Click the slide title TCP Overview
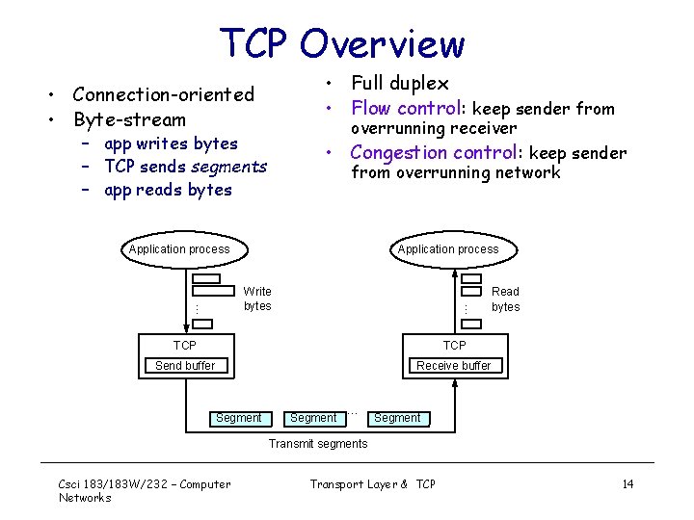(342, 43)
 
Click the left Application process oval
(179, 249)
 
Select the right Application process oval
(448, 249)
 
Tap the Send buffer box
(185, 366)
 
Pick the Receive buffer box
(453, 366)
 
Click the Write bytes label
(257, 299)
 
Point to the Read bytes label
(505, 299)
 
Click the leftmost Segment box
(238, 418)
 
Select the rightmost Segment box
(397, 418)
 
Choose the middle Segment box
(313, 418)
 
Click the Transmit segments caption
(317, 444)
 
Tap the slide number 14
(627, 484)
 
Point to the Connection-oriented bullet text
(163, 94)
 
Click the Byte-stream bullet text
(129, 119)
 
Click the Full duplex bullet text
(399, 84)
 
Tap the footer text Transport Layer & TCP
(372, 484)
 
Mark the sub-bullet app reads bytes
(168, 190)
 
